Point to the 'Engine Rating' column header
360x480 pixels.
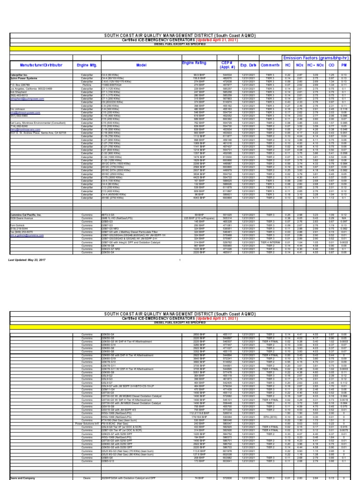click(x=194, y=62)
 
